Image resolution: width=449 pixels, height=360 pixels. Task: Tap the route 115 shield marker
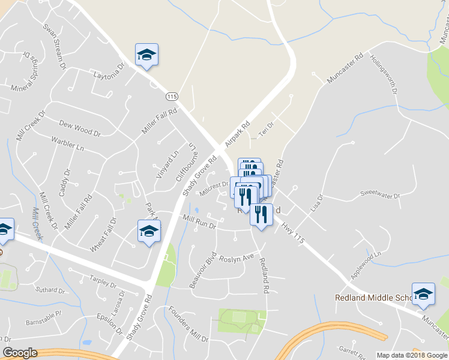coord(173,96)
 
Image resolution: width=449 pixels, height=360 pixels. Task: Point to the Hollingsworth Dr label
coord(384,76)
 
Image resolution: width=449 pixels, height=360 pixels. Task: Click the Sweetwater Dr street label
coord(379,194)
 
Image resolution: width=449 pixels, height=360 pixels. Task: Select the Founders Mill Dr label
coord(187,325)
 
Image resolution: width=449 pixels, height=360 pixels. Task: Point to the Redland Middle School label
coord(372,298)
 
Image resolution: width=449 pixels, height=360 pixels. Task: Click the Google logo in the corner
coord(20,353)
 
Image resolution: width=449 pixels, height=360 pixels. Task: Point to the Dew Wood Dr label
coord(79,127)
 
